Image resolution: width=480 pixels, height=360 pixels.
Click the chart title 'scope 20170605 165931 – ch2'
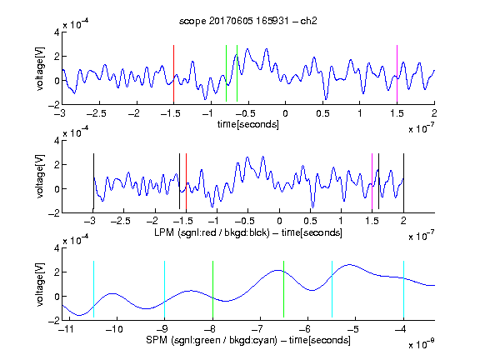(248, 21)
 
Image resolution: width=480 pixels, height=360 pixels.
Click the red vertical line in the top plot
(173, 73)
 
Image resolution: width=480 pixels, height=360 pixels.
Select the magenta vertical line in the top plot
(397, 73)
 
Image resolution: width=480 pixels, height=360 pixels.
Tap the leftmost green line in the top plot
(226, 73)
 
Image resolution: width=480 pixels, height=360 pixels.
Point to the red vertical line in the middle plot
(186, 181)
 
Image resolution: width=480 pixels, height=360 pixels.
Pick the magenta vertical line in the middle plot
(372, 181)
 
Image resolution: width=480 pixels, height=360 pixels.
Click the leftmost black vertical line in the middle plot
(93, 181)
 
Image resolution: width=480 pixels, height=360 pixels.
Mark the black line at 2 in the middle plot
(403, 181)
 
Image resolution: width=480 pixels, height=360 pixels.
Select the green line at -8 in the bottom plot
(212, 289)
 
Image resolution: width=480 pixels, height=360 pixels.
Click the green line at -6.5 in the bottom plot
(284, 289)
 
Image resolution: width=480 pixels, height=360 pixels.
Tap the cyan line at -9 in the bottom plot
(164, 289)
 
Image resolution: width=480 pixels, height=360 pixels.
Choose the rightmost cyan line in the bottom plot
(403, 289)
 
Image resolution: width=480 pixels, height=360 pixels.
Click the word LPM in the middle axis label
(164, 232)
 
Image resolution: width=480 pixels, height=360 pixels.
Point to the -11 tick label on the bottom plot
(67, 329)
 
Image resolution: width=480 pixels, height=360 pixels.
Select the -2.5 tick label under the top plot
(96, 113)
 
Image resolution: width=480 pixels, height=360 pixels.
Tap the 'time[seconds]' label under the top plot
(248, 124)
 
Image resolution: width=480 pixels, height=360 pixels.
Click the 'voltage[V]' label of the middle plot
(40, 177)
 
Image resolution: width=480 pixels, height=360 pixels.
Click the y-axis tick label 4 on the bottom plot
(57, 248)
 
